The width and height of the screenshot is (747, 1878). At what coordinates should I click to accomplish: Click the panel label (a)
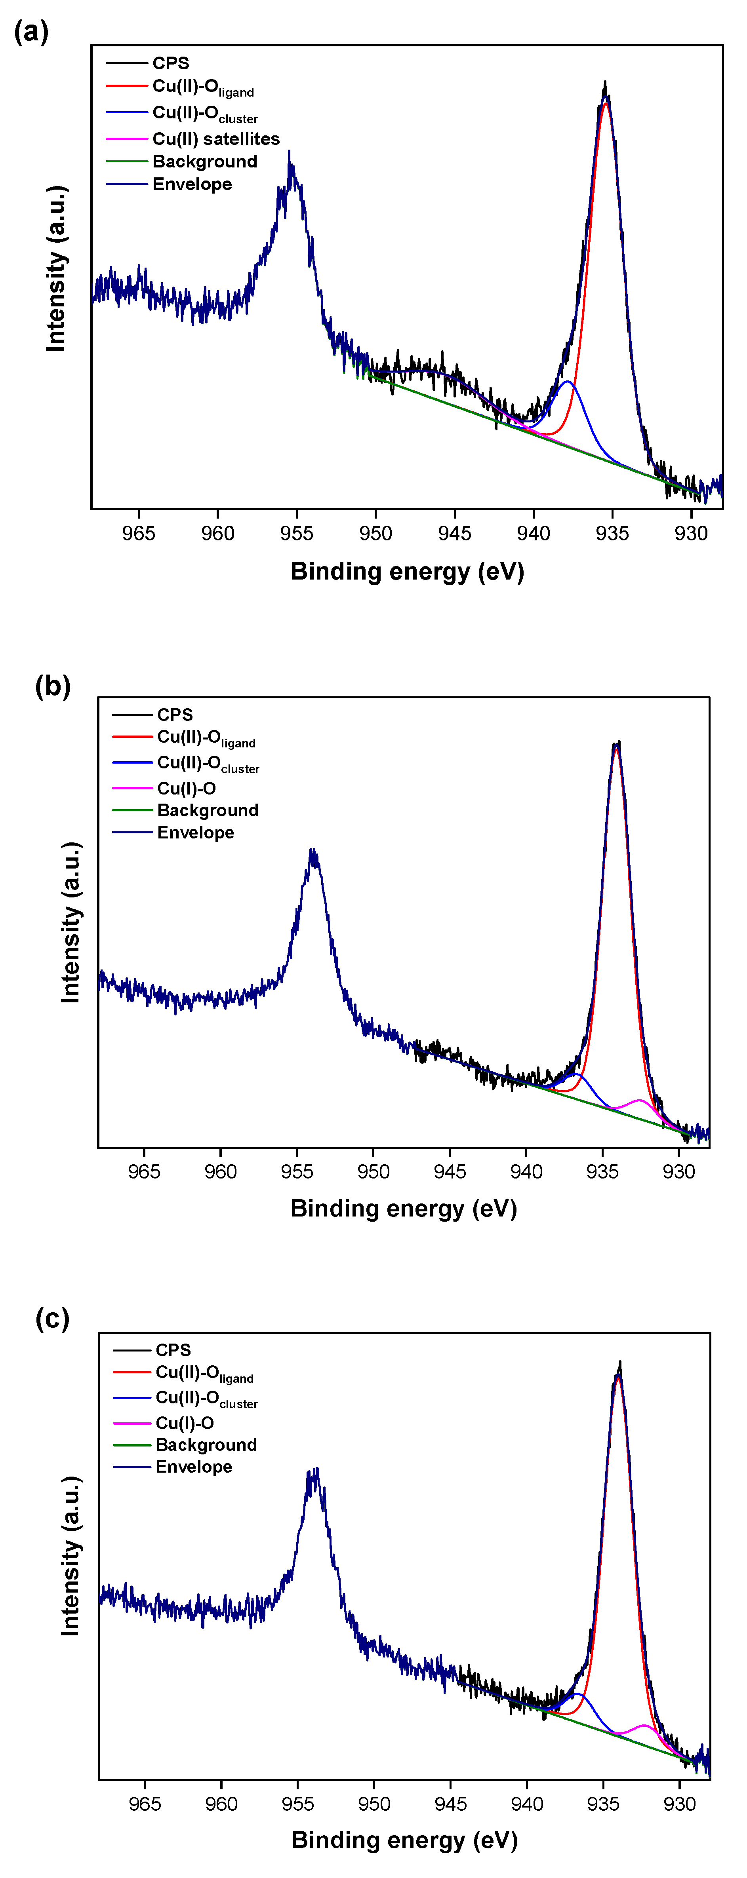point(30,33)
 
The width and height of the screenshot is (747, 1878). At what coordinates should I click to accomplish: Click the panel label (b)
point(53,686)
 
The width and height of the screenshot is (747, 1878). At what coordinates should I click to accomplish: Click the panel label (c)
point(52,1318)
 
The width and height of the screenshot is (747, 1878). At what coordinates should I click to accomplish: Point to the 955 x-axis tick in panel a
point(296,533)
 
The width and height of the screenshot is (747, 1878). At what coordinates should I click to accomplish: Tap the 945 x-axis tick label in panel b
point(450,1171)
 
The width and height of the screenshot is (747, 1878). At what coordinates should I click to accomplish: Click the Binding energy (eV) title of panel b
point(404,1208)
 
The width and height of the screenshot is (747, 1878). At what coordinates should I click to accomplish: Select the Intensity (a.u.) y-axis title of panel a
point(56,268)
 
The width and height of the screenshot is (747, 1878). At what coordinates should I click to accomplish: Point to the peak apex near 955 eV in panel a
point(290,153)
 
